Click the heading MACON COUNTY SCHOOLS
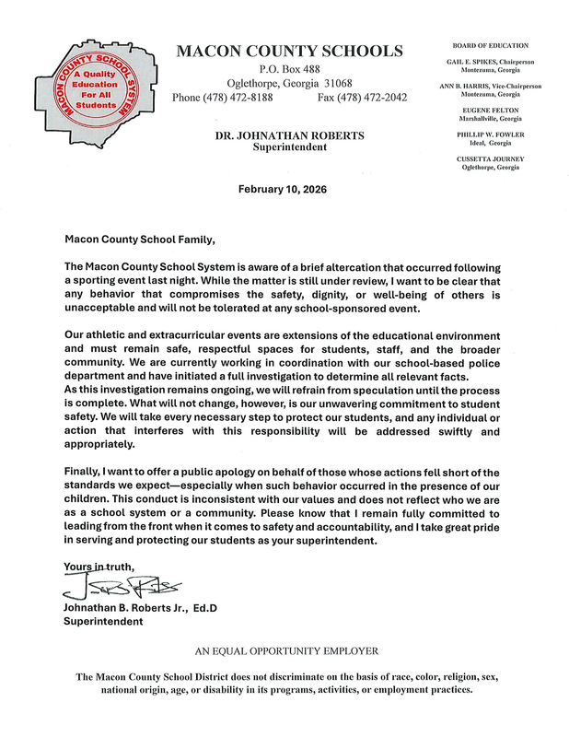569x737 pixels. (289, 51)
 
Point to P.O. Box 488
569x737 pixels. (289, 69)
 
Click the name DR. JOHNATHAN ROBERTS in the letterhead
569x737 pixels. (289, 135)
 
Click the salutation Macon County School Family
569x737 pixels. (139, 240)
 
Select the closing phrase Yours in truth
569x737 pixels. (99, 566)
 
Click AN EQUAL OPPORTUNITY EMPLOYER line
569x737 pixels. (285, 651)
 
